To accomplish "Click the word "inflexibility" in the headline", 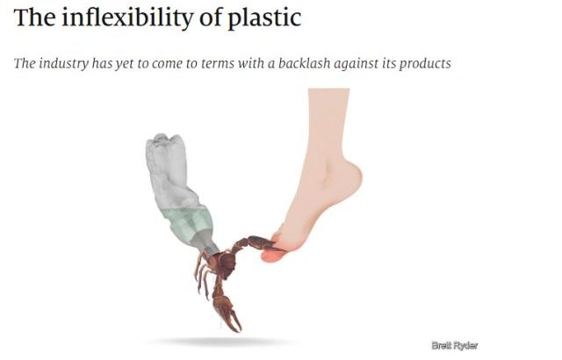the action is coord(126,18).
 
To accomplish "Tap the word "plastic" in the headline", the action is coord(264,18).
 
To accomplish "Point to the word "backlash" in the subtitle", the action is coord(305,63).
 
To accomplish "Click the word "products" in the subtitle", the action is coord(425,64).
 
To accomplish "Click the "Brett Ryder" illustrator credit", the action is coord(455,346).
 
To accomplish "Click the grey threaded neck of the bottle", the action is coord(208,243).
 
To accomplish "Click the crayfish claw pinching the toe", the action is coord(264,243).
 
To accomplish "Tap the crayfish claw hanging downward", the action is coord(227,312).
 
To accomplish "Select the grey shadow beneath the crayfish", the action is coord(219,342).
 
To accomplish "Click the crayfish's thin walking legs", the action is coord(203,276).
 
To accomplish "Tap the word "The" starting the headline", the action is coord(34,18).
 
